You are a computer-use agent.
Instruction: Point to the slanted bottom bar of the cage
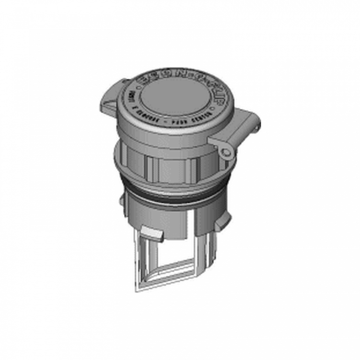(x=169, y=277)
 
